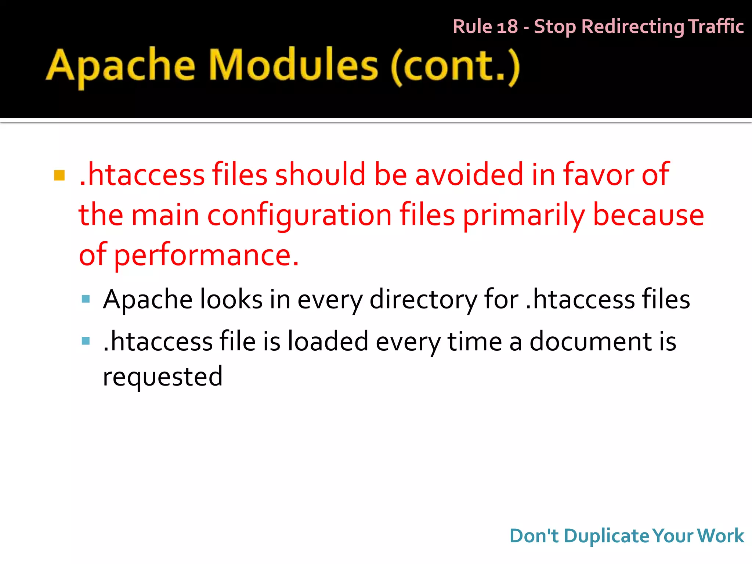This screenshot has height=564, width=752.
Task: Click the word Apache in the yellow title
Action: pyautogui.click(x=120, y=66)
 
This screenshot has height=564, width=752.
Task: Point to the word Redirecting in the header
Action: pyautogui.click(x=633, y=27)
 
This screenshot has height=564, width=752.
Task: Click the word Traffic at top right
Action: pyautogui.click(x=716, y=26)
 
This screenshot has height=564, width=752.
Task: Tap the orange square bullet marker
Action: pyautogui.click(x=59, y=176)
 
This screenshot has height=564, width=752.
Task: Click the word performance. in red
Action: pyautogui.click(x=206, y=255)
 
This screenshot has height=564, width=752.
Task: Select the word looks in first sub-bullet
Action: pyautogui.click(x=231, y=300)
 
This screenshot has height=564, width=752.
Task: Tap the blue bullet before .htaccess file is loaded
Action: pyautogui.click(x=86, y=341)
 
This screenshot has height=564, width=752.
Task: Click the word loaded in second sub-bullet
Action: pyautogui.click(x=328, y=341)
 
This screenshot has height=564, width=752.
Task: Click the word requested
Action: pyautogui.click(x=163, y=377)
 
